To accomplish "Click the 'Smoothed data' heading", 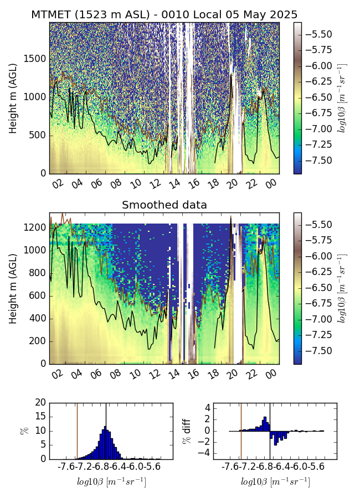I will tap(164, 205).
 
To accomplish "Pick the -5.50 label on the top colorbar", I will tap(318, 34).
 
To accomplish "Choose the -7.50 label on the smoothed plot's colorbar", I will tap(318, 350).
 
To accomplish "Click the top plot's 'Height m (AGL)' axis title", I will tap(13, 98).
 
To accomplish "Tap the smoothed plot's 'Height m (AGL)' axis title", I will tap(13, 288).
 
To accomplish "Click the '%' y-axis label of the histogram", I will tap(24, 430).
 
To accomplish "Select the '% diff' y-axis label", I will tap(187, 430).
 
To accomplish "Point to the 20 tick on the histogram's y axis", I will tap(40, 403).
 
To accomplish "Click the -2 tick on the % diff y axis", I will tap(205, 442).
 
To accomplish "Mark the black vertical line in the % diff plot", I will tap(270, 430).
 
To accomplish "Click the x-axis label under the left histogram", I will tap(111, 482).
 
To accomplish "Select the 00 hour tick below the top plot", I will tap(270, 184).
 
